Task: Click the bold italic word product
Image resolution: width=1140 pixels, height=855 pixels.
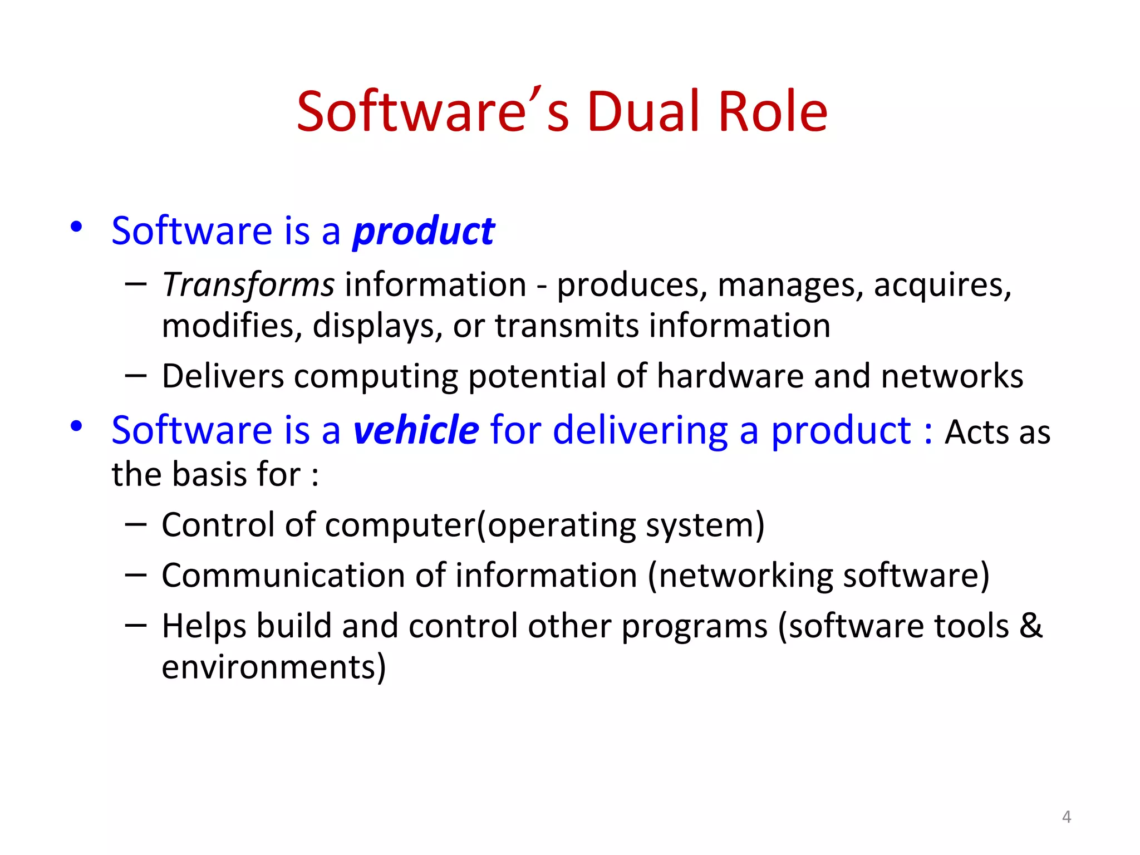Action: [424, 232]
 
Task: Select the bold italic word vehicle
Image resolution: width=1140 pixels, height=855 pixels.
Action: [416, 430]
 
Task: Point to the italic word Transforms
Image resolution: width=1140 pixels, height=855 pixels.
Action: [248, 285]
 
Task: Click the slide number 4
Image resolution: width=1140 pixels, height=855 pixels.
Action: [1066, 817]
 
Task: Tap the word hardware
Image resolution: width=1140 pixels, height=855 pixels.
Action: [730, 376]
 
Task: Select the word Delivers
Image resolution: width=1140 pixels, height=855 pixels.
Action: [223, 376]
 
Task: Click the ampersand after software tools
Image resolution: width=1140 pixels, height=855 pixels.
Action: [1030, 625]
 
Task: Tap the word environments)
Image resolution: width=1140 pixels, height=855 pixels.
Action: [273, 667]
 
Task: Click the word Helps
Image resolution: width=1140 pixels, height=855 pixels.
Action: [204, 626]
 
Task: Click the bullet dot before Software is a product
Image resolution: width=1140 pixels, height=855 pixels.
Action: [76, 227]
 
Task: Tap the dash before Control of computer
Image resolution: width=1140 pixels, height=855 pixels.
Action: [136, 524]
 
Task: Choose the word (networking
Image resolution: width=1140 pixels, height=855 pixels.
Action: [740, 576]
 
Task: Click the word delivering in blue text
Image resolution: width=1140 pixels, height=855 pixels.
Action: [640, 430]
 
